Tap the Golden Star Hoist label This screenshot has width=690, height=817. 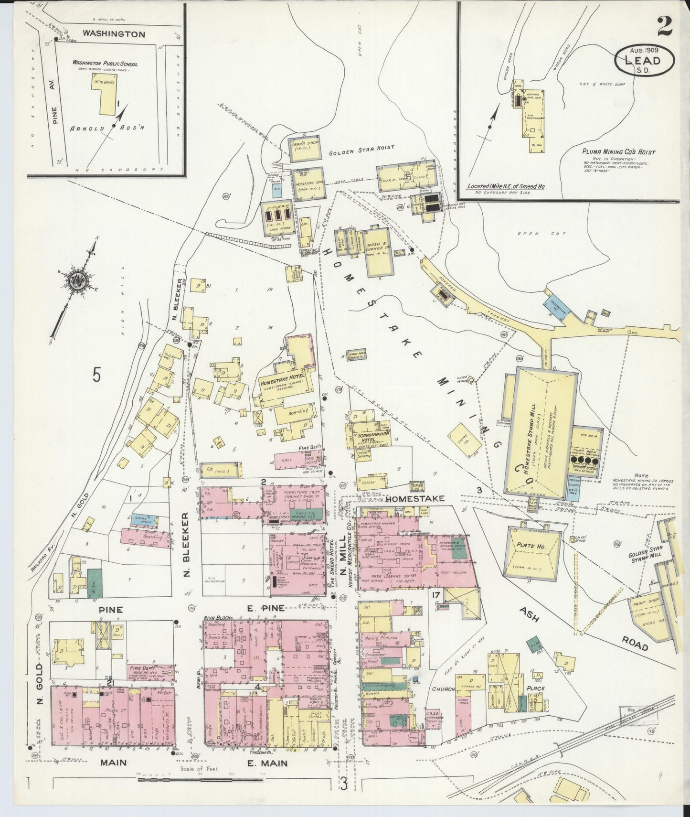click(x=362, y=149)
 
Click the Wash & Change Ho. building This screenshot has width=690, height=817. click(x=377, y=252)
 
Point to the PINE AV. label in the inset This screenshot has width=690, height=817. click(x=55, y=115)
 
